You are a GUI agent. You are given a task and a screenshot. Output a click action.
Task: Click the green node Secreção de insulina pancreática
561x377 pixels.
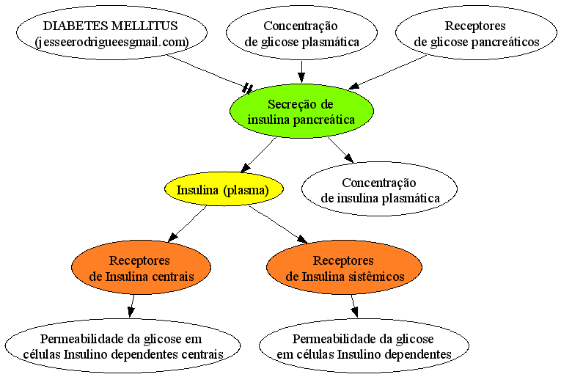coord(301,111)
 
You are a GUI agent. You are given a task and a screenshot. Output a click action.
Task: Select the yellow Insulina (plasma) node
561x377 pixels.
coord(224,189)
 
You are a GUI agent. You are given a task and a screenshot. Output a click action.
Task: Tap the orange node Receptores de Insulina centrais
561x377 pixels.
coord(142,267)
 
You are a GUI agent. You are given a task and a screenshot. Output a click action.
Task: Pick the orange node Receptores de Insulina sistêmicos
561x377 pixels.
coord(344,267)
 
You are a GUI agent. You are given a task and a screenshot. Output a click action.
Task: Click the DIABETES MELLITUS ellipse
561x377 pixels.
coord(111,32)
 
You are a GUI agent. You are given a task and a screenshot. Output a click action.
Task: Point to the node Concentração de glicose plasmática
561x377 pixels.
coord(301,32)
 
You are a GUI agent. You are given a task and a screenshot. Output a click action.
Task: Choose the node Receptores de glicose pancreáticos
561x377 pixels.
coord(476,32)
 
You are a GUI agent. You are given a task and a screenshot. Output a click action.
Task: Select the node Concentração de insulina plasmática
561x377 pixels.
coord(380,188)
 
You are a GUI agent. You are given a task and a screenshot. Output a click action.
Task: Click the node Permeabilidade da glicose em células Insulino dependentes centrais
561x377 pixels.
coord(122,345)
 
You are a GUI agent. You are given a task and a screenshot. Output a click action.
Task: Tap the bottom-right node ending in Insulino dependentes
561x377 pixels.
coord(364,345)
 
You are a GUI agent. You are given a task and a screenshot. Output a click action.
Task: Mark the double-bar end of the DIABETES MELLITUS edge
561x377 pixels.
coord(248,88)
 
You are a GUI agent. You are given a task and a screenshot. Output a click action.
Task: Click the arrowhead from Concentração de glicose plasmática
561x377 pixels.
coord(301,78)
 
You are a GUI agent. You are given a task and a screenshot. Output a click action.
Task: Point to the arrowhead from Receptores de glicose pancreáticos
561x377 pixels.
coord(354,87)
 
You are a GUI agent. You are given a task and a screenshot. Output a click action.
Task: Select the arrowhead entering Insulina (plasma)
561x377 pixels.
coord(246,168)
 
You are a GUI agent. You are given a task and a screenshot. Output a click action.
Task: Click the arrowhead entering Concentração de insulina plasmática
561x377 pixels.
coord(349,158)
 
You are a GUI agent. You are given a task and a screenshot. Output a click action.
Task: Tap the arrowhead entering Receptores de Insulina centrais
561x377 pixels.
coord(173,236)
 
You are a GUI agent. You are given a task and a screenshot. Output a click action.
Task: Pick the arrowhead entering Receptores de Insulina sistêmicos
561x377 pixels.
coord(302,239)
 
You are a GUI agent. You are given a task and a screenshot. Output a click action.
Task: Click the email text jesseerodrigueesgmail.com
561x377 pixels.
coord(112,43)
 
